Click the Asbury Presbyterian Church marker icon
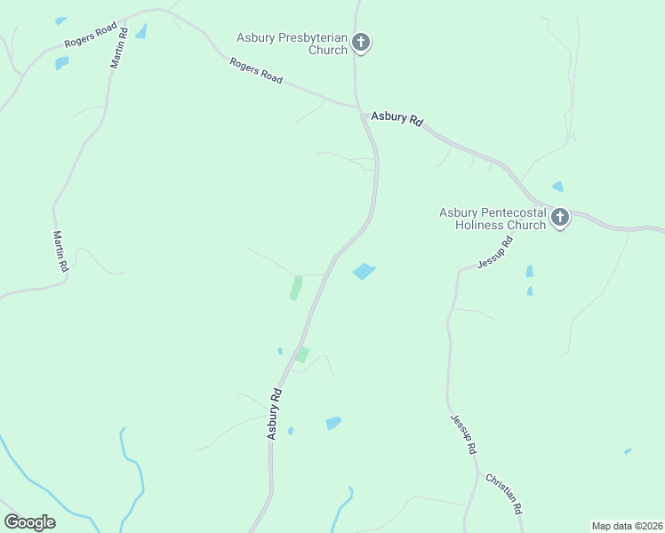tap(360, 41)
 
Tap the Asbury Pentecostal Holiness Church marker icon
tap(559, 217)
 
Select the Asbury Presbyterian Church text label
tap(291, 44)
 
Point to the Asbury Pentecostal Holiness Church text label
tap(493, 219)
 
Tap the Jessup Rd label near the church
tap(495, 253)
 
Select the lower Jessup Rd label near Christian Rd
tap(463, 434)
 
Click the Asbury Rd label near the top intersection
tap(397, 117)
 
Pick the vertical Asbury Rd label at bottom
tap(275, 413)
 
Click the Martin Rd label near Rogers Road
tap(118, 48)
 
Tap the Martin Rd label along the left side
tap(59, 251)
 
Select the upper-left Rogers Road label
tap(91, 35)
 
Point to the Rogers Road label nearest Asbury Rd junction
tap(256, 71)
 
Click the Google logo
tap(29, 522)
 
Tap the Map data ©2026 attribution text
tap(627, 525)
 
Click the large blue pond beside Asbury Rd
tap(364, 271)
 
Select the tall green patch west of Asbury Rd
tap(295, 288)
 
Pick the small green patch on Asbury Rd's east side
tap(302, 355)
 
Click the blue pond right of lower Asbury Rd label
tap(333, 423)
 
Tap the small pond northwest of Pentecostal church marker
tap(557, 187)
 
